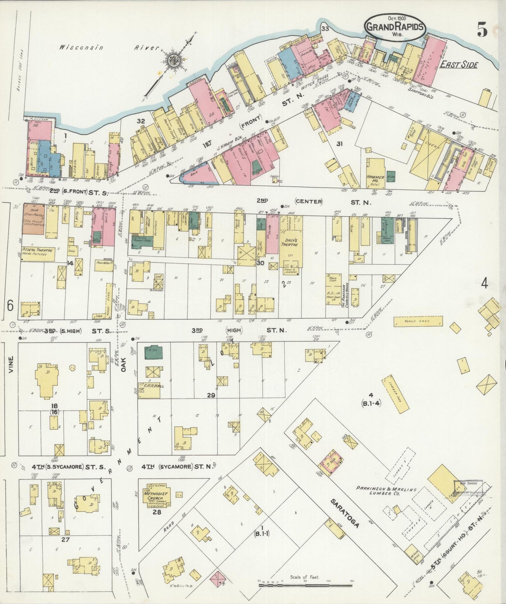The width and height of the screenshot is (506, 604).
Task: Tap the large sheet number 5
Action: click(x=482, y=30)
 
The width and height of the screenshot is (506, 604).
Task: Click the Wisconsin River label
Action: click(x=109, y=47)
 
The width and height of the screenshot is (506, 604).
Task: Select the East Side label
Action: click(x=459, y=65)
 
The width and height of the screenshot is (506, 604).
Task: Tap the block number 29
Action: click(x=211, y=395)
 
